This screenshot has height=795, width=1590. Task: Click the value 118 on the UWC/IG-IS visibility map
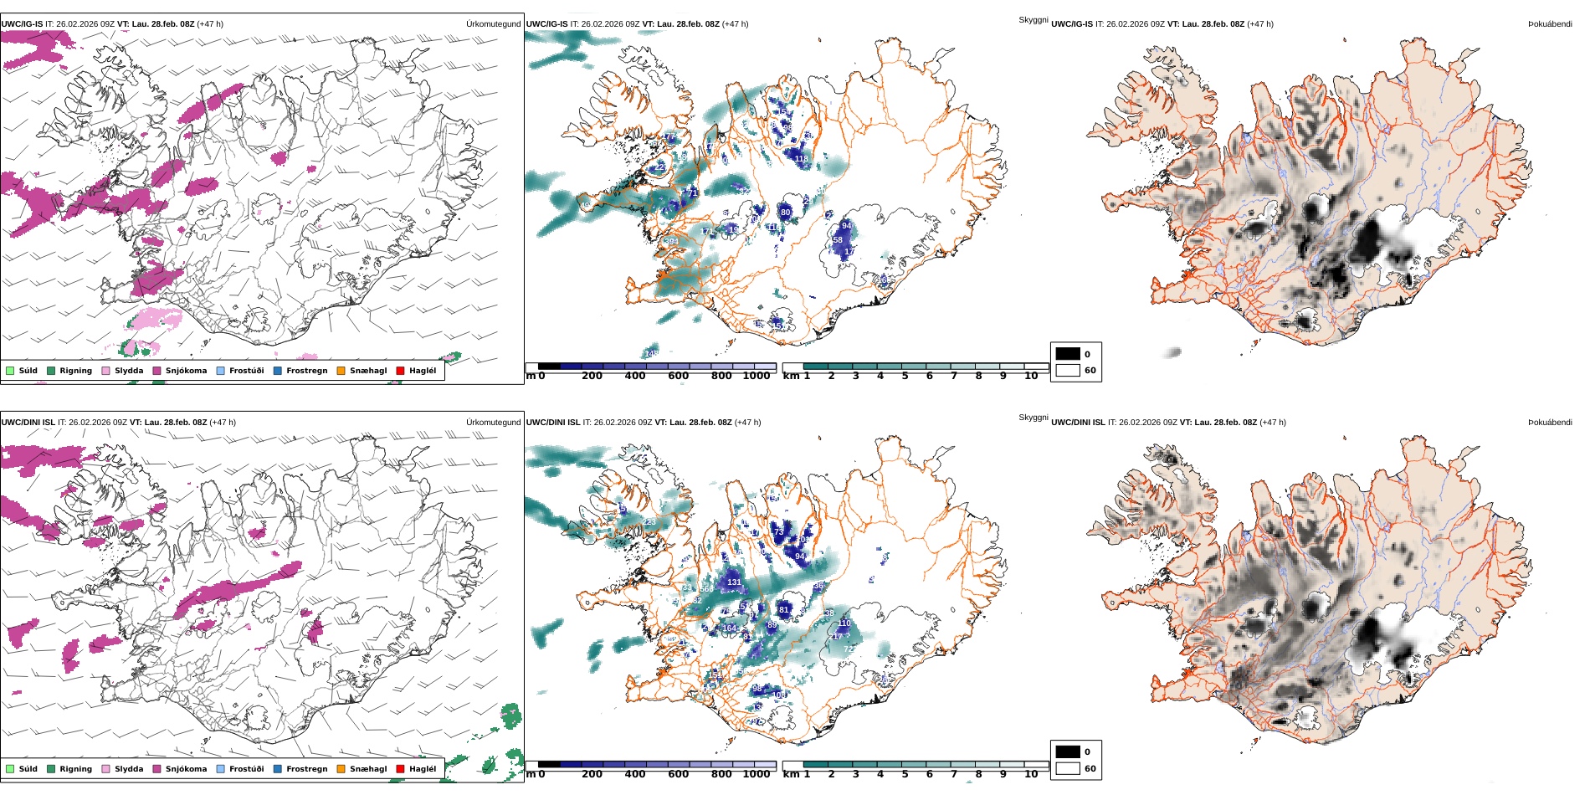click(801, 159)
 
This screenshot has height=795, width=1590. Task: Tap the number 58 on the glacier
click(838, 240)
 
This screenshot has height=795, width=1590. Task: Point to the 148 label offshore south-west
click(651, 354)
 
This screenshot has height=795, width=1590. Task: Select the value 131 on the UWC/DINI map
click(734, 582)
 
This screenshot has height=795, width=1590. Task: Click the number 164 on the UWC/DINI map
click(730, 628)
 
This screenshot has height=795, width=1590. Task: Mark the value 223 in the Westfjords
click(649, 522)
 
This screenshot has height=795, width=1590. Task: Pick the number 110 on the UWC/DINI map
click(844, 623)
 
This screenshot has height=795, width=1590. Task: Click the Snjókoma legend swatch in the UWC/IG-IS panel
click(156, 371)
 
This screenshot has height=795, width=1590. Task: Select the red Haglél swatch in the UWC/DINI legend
click(400, 769)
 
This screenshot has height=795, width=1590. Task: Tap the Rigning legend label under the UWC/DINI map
click(75, 769)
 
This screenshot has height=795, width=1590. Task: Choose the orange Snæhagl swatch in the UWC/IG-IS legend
click(341, 371)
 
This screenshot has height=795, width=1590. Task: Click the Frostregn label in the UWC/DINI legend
click(306, 769)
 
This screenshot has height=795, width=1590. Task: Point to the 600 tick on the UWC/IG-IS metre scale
click(678, 377)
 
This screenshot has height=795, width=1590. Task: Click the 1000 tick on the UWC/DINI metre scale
click(757, 774)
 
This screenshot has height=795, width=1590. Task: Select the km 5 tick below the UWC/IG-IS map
click(905, 377)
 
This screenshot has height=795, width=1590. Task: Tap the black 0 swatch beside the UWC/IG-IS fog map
click(1068, 354)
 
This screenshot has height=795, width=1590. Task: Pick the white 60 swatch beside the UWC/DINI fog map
click(1068, 768)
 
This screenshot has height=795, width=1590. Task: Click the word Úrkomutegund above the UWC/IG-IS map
click(493, 24)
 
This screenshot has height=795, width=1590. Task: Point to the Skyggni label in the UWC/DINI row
click(1033, 418)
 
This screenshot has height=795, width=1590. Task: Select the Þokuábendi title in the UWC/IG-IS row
click(1550, 24)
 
